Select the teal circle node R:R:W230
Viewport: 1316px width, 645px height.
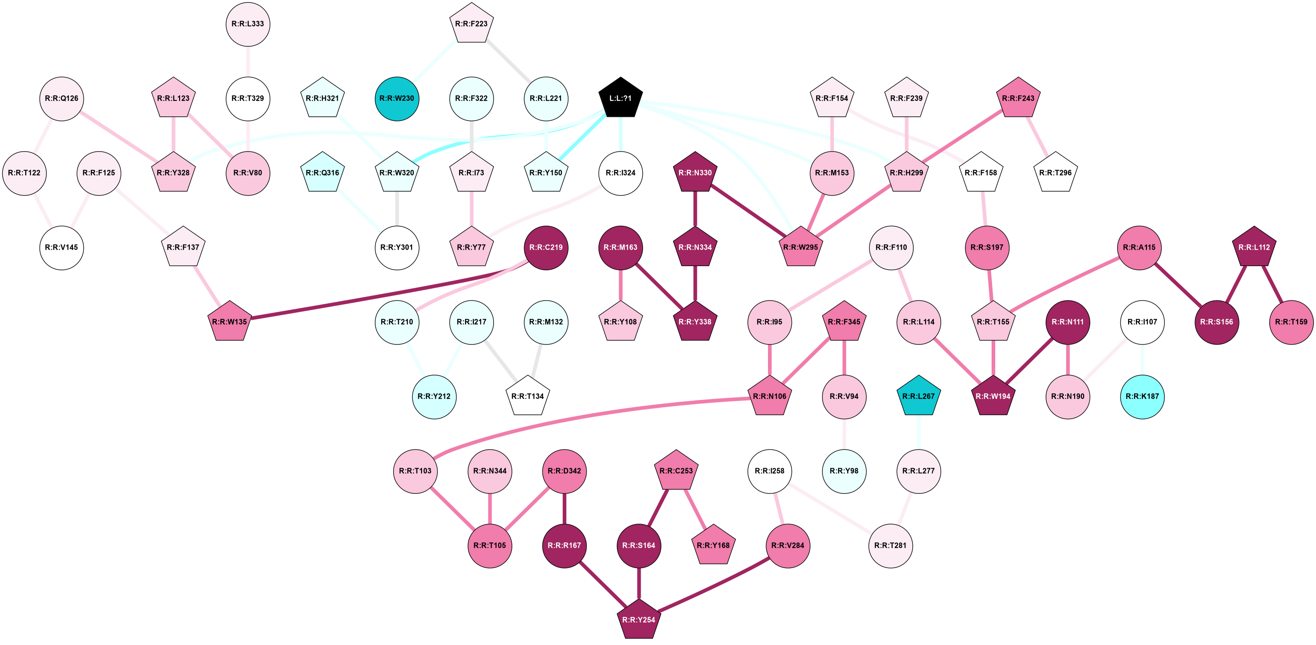coord(397,98)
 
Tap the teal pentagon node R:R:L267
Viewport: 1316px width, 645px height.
coord(919,396)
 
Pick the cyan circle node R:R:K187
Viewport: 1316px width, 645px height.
coord(1142,396)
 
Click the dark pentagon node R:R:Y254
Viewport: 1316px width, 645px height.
coord(639,619)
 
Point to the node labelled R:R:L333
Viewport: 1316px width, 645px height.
coord(248,24)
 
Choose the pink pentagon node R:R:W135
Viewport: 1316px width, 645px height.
coord(230,322)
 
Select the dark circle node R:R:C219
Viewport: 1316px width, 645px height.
coord(546,248)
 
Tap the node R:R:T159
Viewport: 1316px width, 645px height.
coord(1291,322)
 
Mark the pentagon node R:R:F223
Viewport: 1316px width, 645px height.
coord(471,24)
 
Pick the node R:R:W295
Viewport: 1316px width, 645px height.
coord(801,248)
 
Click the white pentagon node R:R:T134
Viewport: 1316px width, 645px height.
coord(528,396)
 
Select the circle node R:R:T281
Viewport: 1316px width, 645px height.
coord(890,546)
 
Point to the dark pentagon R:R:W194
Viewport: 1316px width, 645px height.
coord(992,396)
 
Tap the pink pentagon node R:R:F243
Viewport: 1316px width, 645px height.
coord(1018,98)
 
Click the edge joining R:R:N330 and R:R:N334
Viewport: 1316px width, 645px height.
coord(695,210)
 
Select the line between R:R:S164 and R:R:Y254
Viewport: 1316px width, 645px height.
coord(639,583)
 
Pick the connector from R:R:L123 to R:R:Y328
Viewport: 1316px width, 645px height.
coord(173,135)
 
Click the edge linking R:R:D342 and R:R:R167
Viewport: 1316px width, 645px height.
coord(564,508)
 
